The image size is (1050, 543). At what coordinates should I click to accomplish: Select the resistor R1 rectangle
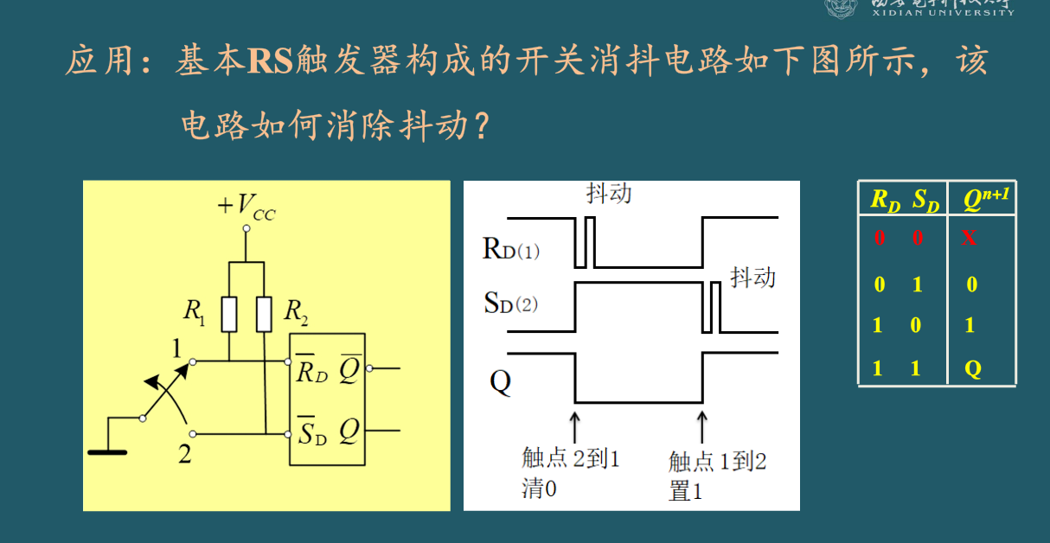229,314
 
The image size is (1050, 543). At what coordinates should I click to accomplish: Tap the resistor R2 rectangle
264,314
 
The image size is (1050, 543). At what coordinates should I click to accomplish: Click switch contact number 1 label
178,349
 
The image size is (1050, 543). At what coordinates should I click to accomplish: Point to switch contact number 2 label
184,454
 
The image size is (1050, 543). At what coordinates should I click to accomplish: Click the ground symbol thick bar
107,451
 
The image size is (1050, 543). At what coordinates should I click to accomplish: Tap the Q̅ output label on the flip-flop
350,369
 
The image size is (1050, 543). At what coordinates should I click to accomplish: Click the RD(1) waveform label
510,250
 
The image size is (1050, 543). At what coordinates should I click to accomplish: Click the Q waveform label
500,381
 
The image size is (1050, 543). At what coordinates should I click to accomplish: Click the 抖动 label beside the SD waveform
752,277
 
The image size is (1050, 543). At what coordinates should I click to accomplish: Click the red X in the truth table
969,238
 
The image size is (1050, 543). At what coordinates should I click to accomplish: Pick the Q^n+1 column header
986,201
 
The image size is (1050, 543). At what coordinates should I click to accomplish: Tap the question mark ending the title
480,128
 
